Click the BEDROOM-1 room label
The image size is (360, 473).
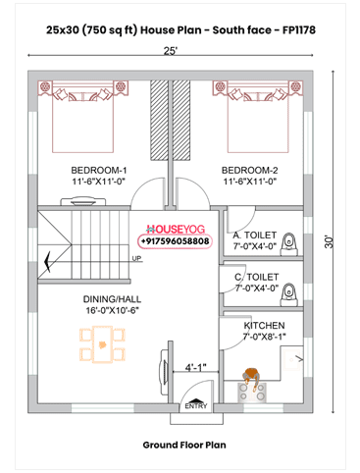99,171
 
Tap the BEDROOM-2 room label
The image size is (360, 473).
250,171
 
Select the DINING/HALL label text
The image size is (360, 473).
112,299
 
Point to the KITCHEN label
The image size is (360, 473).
264,326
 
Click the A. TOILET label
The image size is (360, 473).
255,236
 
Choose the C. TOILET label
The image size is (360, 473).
257,277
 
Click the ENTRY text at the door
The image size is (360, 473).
196,406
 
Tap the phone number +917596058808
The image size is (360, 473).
175,241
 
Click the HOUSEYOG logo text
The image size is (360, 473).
176,229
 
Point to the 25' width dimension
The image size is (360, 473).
171,51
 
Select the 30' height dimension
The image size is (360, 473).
329,241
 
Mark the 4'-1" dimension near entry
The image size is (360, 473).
196,367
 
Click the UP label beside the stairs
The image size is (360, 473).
136,258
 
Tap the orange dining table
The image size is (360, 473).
103,344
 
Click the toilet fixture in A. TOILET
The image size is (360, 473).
289,243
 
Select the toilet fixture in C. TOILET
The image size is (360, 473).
289,294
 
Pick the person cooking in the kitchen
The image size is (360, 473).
251,378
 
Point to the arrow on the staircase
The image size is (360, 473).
48,261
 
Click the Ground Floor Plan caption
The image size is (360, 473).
184,446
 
